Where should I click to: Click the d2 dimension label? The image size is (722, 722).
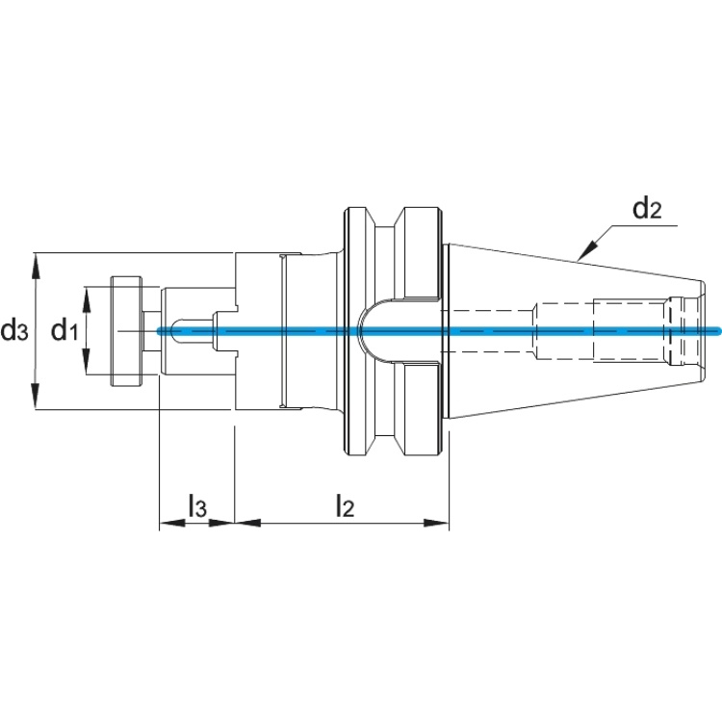point(647,209)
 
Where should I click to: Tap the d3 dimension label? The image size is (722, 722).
point(14,330)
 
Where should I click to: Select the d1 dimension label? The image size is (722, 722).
point(64,330)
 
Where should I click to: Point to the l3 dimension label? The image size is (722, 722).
point(197,505)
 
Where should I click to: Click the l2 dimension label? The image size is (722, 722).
point(345,505)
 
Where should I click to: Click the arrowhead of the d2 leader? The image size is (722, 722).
point(587,251)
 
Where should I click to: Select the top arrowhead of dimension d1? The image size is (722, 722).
point(86,299)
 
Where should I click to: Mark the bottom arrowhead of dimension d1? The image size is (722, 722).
point(86,361)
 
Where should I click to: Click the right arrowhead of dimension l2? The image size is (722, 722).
point(435,523)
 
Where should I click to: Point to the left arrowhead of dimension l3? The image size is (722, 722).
point(172,523)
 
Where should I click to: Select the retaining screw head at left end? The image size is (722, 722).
point(126,331)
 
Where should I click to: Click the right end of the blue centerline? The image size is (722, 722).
point(719,330)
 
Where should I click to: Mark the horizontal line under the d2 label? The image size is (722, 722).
point(645,225)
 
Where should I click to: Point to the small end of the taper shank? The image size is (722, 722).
point(703,330)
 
